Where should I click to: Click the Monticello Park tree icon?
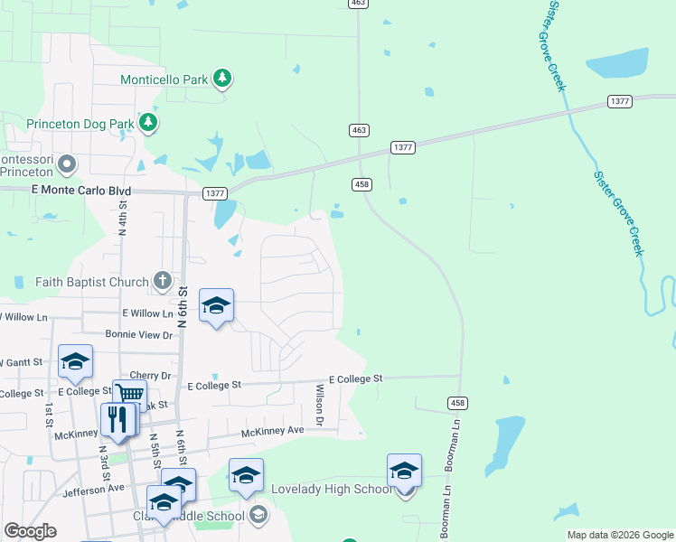pyautogui.click(x=222, y=79)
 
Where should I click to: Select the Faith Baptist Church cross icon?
pyautogui.click(x=162, y=281)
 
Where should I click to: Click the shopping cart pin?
pyautogui.click(x=130, y=395)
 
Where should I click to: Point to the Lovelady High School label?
pyautogui.click(x=332, y=489)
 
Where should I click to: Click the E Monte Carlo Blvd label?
pyautogui.click(x=81, y=192)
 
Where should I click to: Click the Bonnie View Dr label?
pyautogui.click(x=138, y=335)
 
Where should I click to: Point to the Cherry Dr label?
pyautogui.click(x=150, y=376)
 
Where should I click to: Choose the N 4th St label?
pyautogui.click(x=122, y=220)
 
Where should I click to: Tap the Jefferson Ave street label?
pyautogui.click(x=93, y=489)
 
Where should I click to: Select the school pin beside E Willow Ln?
pyautogui.click(x=216, y=307)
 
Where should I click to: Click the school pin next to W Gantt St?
pyautogui.click(x=75, y=362)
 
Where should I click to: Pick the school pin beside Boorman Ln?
pyautogui.click(x=404, y=472)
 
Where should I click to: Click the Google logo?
pyautogui.click(x=31, y=531)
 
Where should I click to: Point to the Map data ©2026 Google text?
pyautogui.click(x=619, y=535)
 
